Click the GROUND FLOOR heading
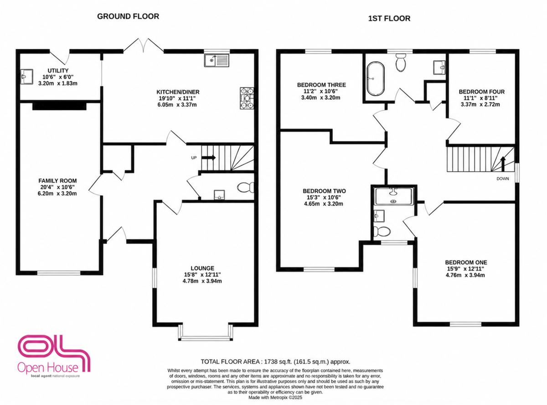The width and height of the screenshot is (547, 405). click(x=128, y=16)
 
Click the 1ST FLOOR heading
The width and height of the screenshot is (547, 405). click(x=389, y=19)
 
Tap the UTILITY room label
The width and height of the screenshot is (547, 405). click(x=58, y=71)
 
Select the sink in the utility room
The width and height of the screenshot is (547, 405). click(x=26, y=77)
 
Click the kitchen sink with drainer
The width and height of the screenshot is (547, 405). click(x=217, y=61)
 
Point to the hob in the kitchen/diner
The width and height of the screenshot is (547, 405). click(x=247, y=98)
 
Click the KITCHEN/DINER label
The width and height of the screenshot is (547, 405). click(x=178, y=92)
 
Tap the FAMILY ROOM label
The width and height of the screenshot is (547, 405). click(x=57, y=181)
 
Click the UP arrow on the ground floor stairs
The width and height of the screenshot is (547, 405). click(x=209, y=158)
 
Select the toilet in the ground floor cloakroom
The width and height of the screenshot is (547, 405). click(x=246, y=187)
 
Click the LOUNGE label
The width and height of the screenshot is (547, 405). click(x=202, y=268)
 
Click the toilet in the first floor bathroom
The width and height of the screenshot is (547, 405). click(x=401, y=62)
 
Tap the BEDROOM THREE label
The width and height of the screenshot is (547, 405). click(x=321, y=85)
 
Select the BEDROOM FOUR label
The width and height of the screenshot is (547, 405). click(x=482, y=92)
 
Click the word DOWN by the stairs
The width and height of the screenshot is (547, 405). click(x=503, y=179)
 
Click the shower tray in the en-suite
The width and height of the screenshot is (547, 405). click(x=394, y=196)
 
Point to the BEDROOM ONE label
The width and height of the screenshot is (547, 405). click(x=466, y=263)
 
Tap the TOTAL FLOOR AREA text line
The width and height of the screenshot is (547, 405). click(x=275, y=362)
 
